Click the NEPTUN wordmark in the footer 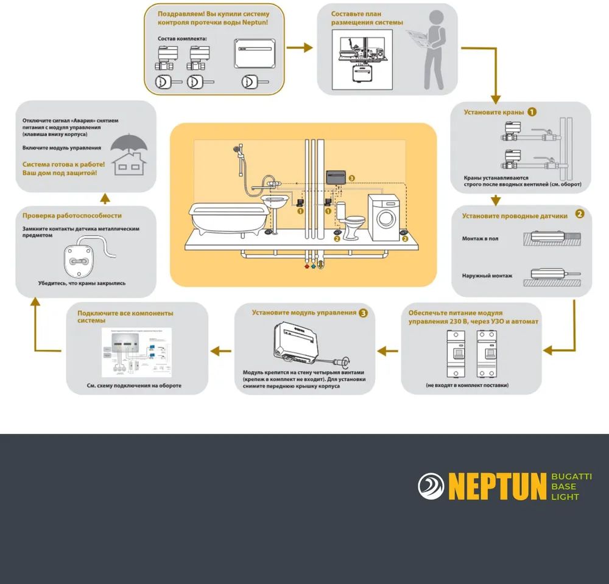[x=497, y=487]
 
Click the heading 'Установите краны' [x=494, y=113]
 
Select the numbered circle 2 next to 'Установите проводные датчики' [x=580, y=214]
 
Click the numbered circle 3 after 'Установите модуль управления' [x=364, y=313]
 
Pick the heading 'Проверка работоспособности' [x=72, y=215]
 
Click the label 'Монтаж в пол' [x=480, y=238]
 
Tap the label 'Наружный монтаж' [x=487, y=276]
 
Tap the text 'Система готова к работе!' [x=63, y=164]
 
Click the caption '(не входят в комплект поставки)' [x=467, y=385]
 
